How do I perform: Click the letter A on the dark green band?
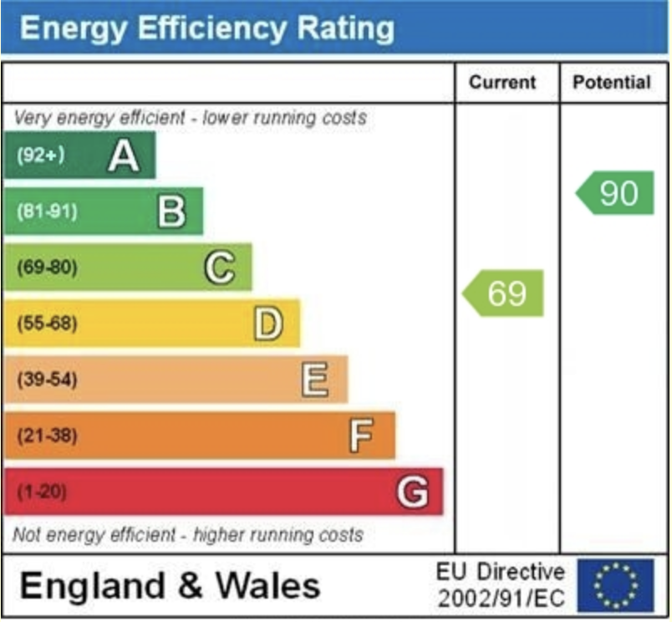[x=124, y=155]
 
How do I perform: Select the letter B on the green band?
[x=171, y=212]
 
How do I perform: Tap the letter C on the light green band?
[x=219, y=268]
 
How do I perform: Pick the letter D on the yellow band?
[x=267, y=324]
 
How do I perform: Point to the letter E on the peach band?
[x=315, y=380]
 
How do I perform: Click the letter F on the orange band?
[x=361, y=436]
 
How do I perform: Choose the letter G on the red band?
[x=412, y=492]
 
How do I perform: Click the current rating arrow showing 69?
[x=504, y=293]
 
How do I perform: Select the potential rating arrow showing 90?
[x=616, y=193]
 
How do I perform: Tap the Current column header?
[x=501, y=83]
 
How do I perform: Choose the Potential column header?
[x=611, y=83]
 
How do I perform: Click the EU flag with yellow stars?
[x=615, y=586]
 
